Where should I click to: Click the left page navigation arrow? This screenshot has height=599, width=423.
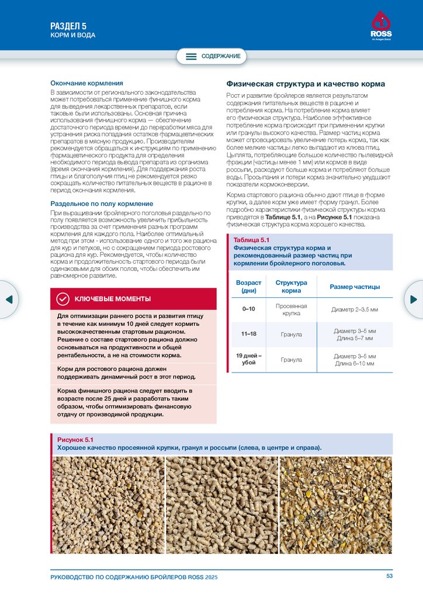tap(9, 299)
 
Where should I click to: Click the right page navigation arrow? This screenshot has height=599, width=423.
tap(414, 299)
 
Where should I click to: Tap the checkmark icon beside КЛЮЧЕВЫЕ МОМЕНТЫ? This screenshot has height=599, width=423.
tap(63, 299)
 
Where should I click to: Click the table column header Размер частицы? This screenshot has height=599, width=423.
tap(355, 287)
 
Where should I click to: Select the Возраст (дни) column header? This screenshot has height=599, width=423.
tap(249, 287)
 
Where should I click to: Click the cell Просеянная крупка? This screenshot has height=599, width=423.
tap(291, 309)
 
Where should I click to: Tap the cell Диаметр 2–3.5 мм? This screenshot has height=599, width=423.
tap(355, 309)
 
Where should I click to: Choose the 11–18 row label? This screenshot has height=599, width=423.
tap(249, 334)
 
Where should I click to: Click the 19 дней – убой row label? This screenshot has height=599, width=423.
tap(249, 359)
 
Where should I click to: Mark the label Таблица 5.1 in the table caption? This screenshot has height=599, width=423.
tap(251, 240)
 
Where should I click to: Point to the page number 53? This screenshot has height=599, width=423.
tap(390, 577)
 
